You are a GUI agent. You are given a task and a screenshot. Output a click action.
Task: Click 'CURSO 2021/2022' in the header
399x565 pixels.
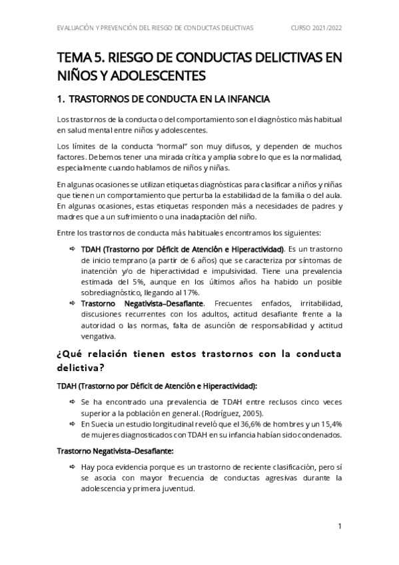316,29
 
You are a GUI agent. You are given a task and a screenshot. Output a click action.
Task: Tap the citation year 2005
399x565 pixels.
250,413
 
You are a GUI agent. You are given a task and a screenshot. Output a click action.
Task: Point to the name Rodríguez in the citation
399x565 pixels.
219,413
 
